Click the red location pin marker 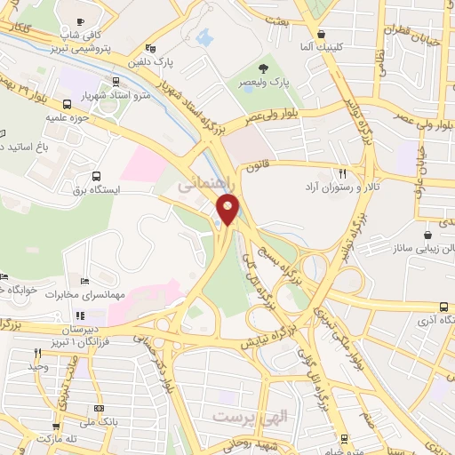[x=228, y=210]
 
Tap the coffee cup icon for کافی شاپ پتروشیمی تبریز [x=81, y=22]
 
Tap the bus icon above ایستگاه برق [x=96, y=175]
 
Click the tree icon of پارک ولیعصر [x=263, y=68]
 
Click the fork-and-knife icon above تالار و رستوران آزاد [x=342, y=173]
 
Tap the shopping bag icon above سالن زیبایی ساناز [x=428, y=235]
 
